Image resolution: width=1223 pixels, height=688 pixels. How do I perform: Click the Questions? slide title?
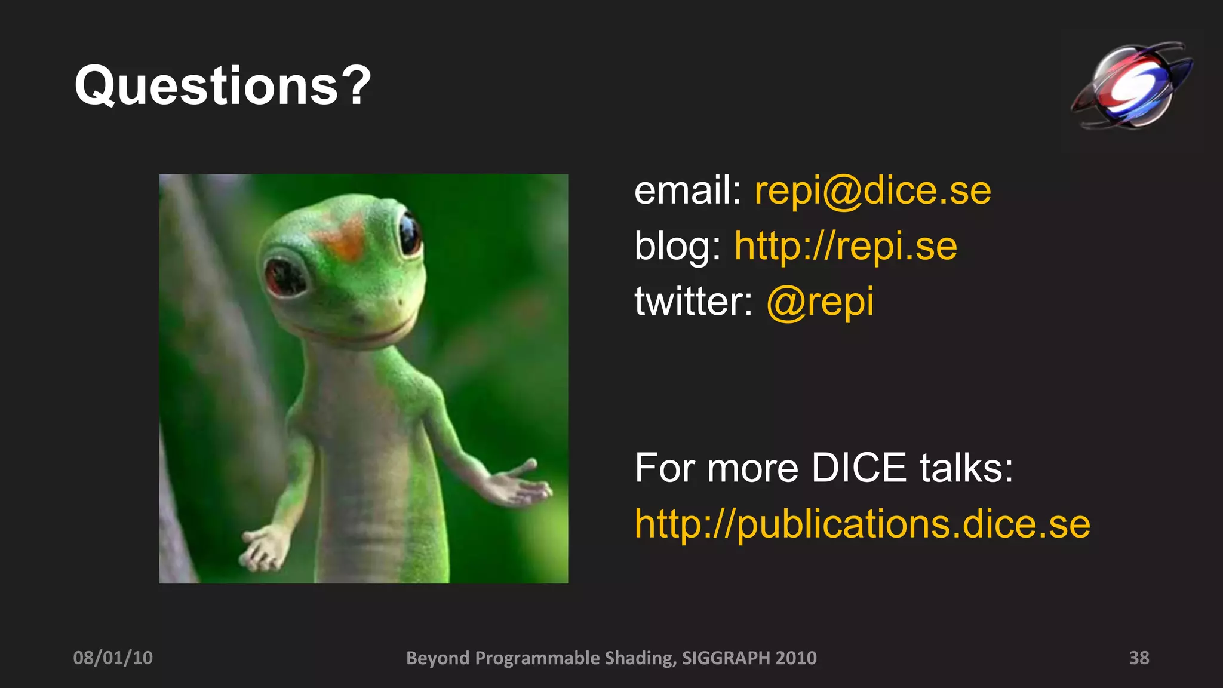[222, 86]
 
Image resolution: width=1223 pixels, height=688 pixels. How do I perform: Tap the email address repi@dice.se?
[872, 191]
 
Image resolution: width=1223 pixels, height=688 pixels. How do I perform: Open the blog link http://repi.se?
[846, 246]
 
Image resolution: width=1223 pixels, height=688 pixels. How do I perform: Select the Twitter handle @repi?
[820, 302]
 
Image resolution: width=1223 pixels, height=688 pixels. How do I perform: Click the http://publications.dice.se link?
[862, 524]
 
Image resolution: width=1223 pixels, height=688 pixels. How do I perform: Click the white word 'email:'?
[687, 191]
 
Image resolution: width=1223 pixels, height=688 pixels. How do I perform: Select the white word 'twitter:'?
[693, 302]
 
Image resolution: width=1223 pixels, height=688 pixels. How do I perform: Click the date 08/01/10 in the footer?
[113, 658]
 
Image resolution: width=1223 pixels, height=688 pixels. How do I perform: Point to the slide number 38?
[1139, 658]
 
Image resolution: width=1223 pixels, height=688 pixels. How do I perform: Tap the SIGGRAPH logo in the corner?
[1131, 85]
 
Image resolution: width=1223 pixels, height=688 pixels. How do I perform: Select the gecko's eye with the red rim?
[286, 277]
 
